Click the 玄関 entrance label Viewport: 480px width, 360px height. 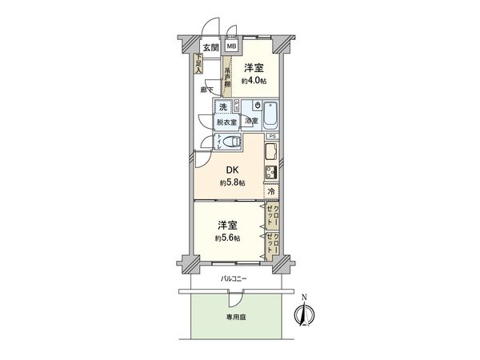pyautogui.click(x=210, y=47)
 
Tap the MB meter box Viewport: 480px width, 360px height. pyautogui.click(x=230, y=47)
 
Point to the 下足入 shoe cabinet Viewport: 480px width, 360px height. pyautogui.click(x=198, y=63)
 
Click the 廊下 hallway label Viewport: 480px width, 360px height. pyautogui.click(x=206, y=90)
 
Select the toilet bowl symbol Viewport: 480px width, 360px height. pyautogui.click(x=231, y=142)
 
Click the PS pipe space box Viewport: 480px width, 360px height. pyautogui.click(x=272, y=137)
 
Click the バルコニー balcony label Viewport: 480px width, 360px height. pyautogui.click(x=234, y=278)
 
